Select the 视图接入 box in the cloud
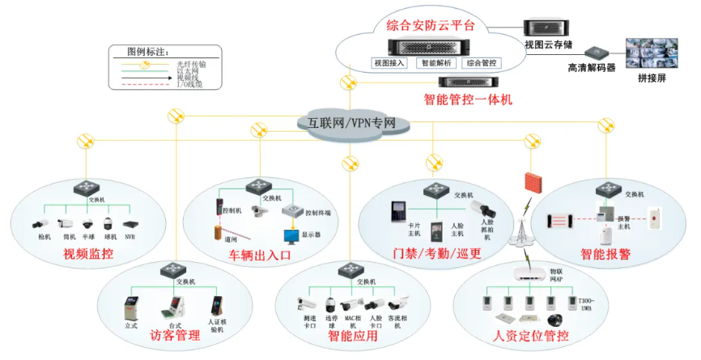tap(388, 62)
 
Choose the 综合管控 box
tap(483, 62)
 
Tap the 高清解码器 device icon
tap(597, 53)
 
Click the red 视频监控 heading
tap(88, 256)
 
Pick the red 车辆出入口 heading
tap(258, 256)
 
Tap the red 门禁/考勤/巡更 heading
tap(437, 253)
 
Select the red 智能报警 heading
tap(605, 254)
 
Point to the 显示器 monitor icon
tap(290, 235)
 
